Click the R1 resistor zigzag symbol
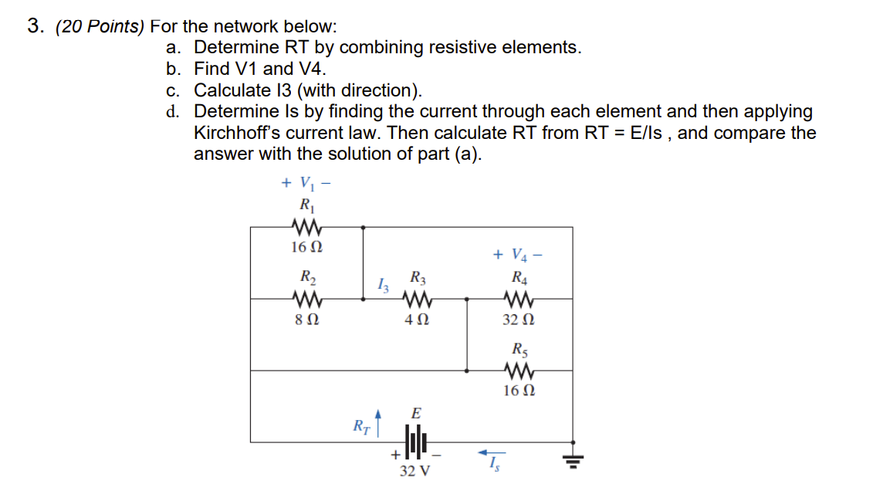(x=307, y=227)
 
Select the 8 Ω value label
(x=306, y=319)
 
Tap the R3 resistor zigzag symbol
(x=416, y=299)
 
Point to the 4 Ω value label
(x=416, y=319)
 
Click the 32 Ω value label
(x=518, y=319)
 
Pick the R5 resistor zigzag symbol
(x=518, y=371)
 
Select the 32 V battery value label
(x=415, y=470)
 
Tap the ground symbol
(x=572, y=460)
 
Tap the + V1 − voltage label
(x=306, y=184)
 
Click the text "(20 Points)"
(x=100, y=26)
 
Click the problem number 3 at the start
(x=33, y=26)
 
